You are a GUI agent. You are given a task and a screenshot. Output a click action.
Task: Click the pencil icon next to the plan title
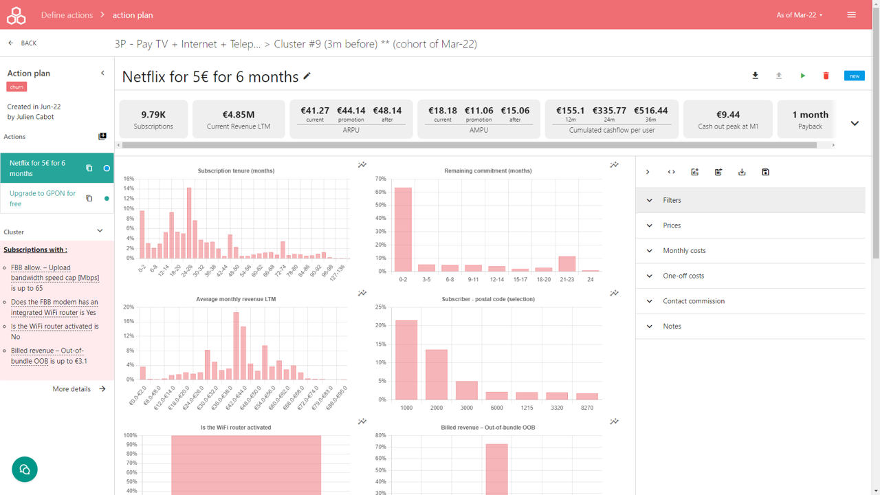point(307,76)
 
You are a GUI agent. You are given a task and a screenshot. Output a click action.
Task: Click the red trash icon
point(826,76)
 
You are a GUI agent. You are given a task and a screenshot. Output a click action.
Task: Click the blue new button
point(854,76)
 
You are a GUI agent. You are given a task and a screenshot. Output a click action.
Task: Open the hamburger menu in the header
point(851,14)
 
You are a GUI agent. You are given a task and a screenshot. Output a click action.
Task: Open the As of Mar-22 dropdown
point(800,15)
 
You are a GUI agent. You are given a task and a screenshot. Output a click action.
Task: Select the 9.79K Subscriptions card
point(153,119)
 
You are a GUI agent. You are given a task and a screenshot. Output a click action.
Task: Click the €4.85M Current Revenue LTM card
point(239,119)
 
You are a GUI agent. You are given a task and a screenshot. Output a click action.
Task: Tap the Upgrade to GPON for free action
point(43,199)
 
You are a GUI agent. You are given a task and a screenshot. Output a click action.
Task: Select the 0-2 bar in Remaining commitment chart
point(403,230)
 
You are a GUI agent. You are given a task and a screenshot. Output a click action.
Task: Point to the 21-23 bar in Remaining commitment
point(566,264)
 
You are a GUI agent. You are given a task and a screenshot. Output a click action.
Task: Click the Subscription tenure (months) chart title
point(236,170)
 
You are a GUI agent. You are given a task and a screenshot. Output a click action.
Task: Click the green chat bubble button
point(25,470)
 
